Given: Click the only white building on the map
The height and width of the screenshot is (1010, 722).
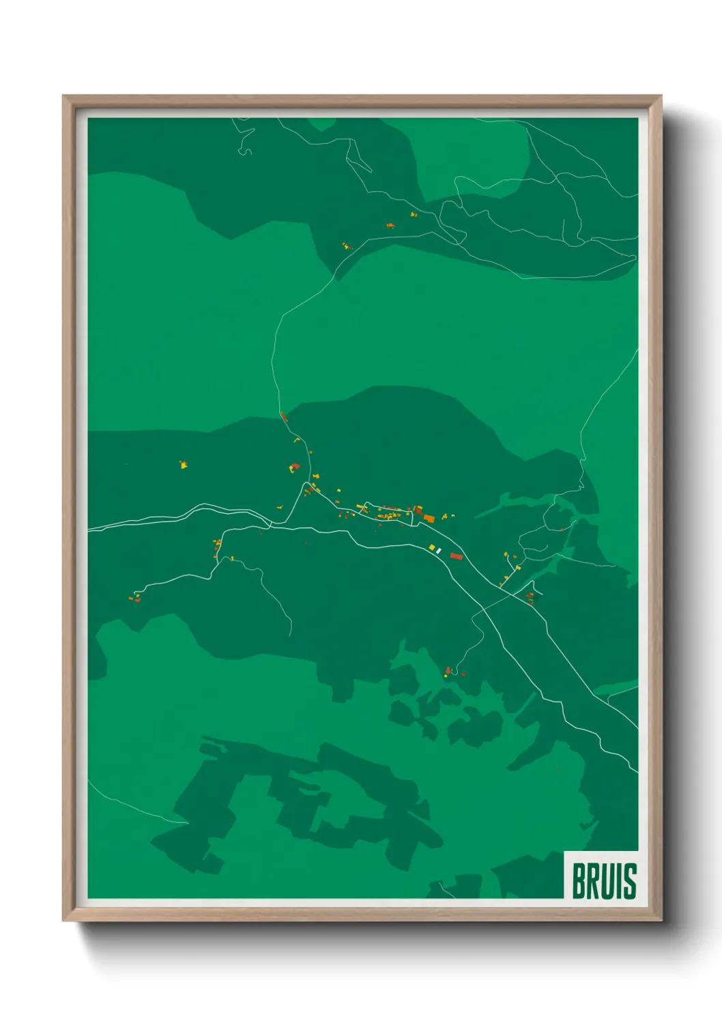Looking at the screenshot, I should coord(439,550).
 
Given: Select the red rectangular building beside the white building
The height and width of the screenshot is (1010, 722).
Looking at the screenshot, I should coord(457,556).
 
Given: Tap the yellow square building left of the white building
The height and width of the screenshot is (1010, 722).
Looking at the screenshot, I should coord(431,547).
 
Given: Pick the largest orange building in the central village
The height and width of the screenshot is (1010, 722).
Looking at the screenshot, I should coord(429,519).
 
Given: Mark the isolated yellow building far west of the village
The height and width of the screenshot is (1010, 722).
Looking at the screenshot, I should coord(183,465).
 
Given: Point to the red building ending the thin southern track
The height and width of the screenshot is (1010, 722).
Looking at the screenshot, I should coord(448,670).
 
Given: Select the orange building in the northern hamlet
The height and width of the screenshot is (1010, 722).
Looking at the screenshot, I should coord(390,225).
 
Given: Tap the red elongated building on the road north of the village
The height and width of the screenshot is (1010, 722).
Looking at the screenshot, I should coord(284,416).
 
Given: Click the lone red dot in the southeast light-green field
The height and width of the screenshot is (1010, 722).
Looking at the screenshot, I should coord(558,769).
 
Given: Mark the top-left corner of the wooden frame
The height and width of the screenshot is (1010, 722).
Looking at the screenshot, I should coord(63,96).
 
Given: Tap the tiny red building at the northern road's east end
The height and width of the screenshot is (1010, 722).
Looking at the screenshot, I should coord(621,255).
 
